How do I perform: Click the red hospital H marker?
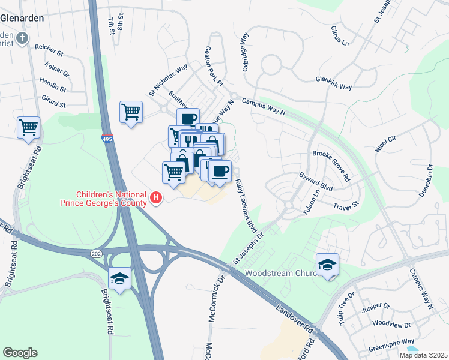coord(157,197)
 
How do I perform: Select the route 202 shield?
coord(96,254)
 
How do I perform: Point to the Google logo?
coord(20,352)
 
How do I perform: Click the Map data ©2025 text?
coord(423,355)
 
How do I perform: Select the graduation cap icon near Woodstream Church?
coord(327,264)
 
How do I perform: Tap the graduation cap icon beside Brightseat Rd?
coord(120,278)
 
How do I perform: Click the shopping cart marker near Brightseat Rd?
coord(28,127)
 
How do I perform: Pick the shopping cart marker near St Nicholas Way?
coord(131,112)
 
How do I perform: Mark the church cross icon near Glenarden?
coord(22,39)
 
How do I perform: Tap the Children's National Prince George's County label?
coord(112,199)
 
